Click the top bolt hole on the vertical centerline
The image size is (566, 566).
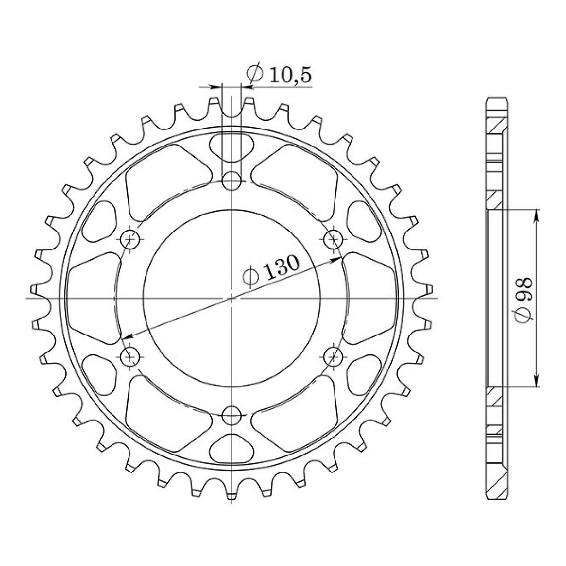click(231, 180)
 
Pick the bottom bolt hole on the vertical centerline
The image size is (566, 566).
click(231, 415)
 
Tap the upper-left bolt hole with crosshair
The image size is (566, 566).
click(130, 239)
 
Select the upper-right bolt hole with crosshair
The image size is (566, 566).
click(333, 239)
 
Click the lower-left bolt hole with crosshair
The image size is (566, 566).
click(130, 357)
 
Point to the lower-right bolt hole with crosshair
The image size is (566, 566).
click(333, 357)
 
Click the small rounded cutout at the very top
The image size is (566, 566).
click(231, 147)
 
